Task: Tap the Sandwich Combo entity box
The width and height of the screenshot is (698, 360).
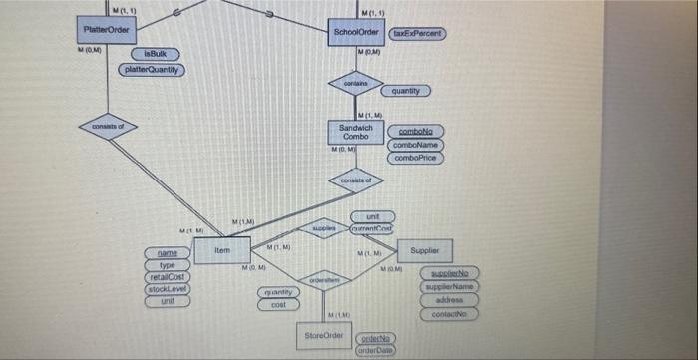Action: point(355,133)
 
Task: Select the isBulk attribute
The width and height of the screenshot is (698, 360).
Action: point(155,52)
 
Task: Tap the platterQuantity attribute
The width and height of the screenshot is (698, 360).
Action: point(152,69)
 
